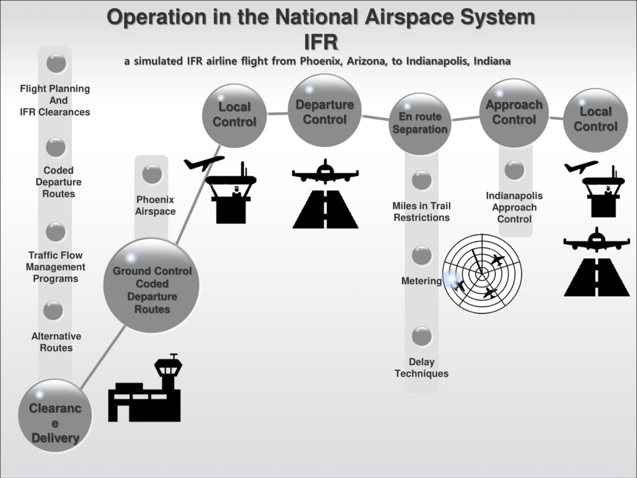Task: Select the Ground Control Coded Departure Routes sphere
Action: pos(152,286)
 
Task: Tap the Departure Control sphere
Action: pos(325,111)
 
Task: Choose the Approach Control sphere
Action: pos(514,113)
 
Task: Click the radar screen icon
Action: pos(482,274)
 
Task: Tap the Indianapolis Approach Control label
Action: pos(514,207)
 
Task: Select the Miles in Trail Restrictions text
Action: pos(421,212)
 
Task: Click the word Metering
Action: pos(421,281)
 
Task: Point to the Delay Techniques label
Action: pos(421,368)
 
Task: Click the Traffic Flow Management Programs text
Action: pos(55,267)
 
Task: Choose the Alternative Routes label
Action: pos(56,342)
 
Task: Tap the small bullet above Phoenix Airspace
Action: pos(152,174)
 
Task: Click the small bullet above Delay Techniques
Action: pos(422,336)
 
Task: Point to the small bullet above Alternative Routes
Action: pos(53,310)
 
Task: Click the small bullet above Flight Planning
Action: pos(56,62)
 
